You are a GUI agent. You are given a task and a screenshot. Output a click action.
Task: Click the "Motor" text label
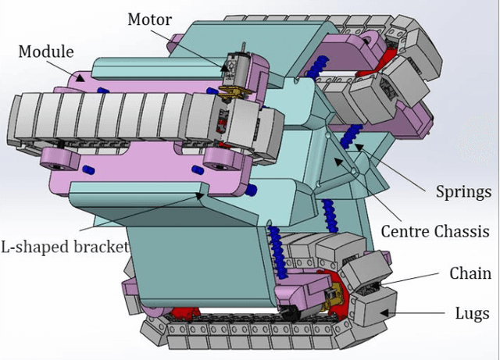point(150,19)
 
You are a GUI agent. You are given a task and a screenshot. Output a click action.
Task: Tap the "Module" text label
point(46,52)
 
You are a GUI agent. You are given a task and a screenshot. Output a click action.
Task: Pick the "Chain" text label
point(470,273)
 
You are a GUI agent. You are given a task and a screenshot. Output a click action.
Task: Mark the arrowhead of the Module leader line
point(84,77)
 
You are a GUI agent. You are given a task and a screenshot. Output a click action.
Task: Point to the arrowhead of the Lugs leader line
point(382,311)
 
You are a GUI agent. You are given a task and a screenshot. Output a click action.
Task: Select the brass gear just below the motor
point(229,95)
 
